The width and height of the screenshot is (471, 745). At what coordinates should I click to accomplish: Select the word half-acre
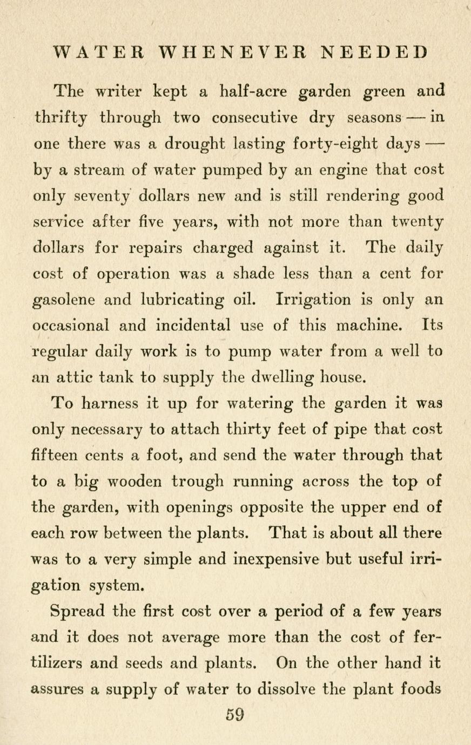(255, 91)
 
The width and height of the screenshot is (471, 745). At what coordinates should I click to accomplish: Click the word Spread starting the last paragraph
(77, 612)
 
